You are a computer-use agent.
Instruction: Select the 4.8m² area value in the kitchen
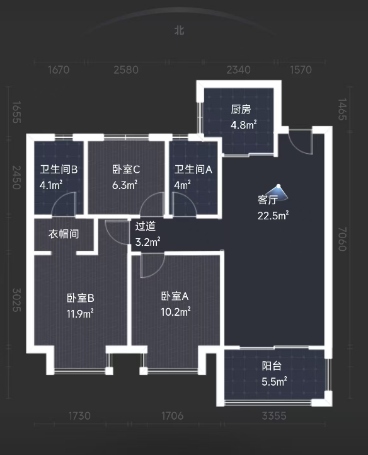pyautogui.click(x=243, y=125)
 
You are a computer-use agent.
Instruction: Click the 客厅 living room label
pyautogui.click(x=268, y=200)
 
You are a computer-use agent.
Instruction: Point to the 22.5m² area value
pyautogui.click(x=273, y=216)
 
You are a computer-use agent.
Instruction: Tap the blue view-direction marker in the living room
pyautogui.click(x=278, y=189)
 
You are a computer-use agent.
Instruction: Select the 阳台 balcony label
pyautogui.click(x=272, y=366)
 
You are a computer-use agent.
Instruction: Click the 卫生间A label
pyautogui.click(x=193, y=169)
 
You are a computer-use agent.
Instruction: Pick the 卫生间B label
pyautogui.click(x=59, y=169)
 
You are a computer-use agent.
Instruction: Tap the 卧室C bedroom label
pyautogui.click(x=125, y=169)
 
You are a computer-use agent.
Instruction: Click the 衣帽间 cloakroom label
pyautogui.click(x=64, y=234)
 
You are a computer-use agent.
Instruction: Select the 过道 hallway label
pyautogui.click(x=145, y=226)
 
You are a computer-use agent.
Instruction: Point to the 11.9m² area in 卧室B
pyautogui.click(x=81, y=313)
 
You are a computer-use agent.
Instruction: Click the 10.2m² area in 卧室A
pyautogui.click(x=176, y=311)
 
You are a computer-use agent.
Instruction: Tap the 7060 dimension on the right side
pyautogui.click(x=342, y=240)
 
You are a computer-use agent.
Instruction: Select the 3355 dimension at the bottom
pyautogui.click(x=274, y=416)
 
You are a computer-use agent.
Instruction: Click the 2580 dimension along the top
pyautogui.click(x=126, y=70)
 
